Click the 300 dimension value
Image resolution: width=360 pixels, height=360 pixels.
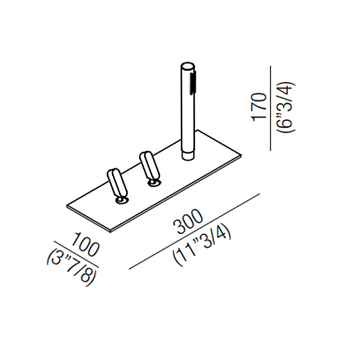pyautogui.click(x=188, y=222)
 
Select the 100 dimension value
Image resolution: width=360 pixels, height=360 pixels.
pyautogui.click(x=86, y=245)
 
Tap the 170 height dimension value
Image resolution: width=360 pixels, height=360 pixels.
pyautogui.click(x=258, y=107)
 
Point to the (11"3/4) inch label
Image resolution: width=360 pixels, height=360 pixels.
pyautogui.click(x=202, y=247)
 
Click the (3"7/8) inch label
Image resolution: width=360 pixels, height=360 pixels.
pyautogui.click(x=71, y=266)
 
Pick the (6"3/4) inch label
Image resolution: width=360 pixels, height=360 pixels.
pyautogui.click(x=286, y=107)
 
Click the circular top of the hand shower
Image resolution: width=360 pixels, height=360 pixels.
pyautogui.click(x=188, y=66)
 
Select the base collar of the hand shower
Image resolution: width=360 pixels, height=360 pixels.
pyautogui.click(x=188, y=156)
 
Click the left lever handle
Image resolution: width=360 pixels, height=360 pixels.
pyautogui.click(x=117, y=182)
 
